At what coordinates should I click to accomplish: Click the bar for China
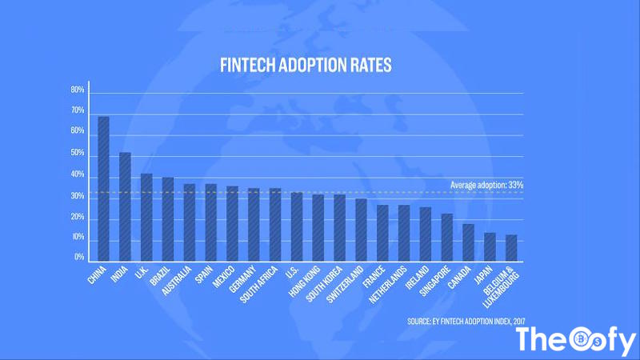pos(103,189)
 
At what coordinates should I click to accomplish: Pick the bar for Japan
pos(490,246)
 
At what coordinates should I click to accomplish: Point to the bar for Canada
pos(468,242)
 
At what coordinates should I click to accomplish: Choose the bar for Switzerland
pos(361,230)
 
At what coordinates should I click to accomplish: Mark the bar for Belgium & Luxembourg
pos(511,247)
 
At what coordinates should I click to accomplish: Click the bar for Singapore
pos(446,237)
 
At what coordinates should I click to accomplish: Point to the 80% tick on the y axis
pos(78,90)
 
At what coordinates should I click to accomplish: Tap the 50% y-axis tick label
pos(78,153)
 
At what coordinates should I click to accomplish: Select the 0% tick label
pos(79,258)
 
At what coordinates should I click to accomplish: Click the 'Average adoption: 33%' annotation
pos(487,186)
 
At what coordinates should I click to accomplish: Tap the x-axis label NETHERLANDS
pos(392,286)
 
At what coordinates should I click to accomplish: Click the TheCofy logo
pos(575,340)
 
